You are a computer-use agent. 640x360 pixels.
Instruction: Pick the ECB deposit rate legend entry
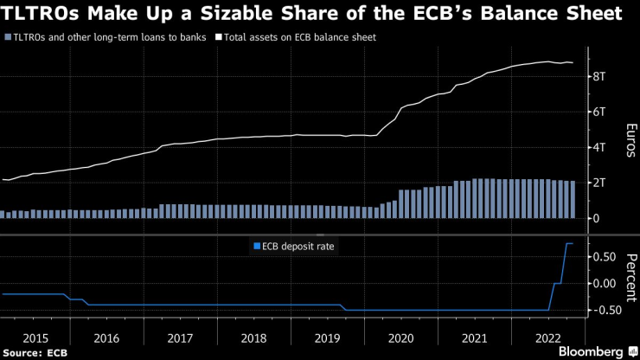(295, 247)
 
